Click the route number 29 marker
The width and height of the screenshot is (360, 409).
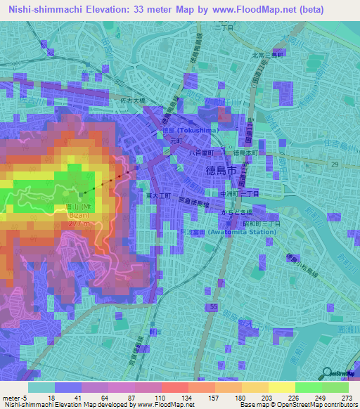(x=335, y=164)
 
